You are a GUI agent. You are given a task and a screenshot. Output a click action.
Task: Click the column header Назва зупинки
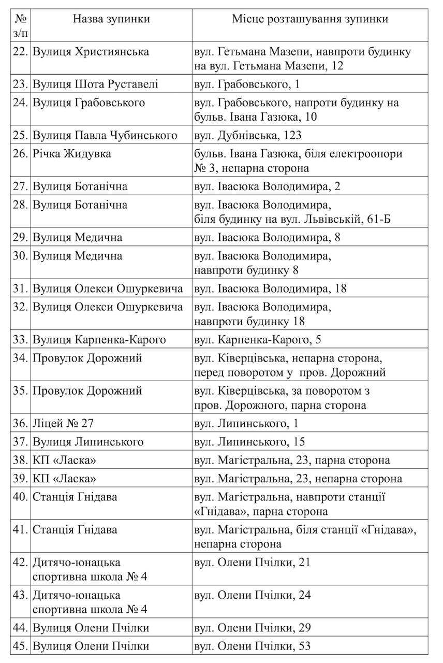pyautogui.click(x=111, y=20)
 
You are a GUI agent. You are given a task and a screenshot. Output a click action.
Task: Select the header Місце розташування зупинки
pyautogui.click(x=309, y=20)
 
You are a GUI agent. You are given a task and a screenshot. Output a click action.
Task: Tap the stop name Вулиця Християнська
pyautogui.click(x=91, y=52)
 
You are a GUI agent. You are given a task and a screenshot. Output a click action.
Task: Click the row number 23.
pyautogui.click(x=20, y=84)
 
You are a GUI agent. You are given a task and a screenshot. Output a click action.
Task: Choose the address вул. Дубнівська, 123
pyautogui.click(x=247, y=136)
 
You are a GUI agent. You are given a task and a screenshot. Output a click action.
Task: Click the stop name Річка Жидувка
pyautogui.click(x=71, y=154)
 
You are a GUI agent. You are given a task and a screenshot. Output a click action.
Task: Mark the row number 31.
pyautogui.click(x=20, y=289)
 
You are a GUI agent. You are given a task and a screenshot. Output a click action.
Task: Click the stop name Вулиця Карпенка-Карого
pyautogui.click(x=99, y=340)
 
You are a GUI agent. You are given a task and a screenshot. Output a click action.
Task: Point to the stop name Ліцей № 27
pyautogui.click(x=63, y=423)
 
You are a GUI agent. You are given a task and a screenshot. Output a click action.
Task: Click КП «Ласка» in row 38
pyautogui.click(x=64, y=460)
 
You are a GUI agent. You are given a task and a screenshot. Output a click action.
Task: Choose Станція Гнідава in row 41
pyautogui.click(x=75, y=530)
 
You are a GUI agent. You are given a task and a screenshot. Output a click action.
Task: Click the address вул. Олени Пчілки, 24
pyautogui.click(x=252, y=595)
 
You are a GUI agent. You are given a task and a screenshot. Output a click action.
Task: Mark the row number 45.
pyautogui.click(x=20, y=646)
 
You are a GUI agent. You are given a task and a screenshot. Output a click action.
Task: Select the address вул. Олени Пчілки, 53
pyautogui.click(x=252, y=646)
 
